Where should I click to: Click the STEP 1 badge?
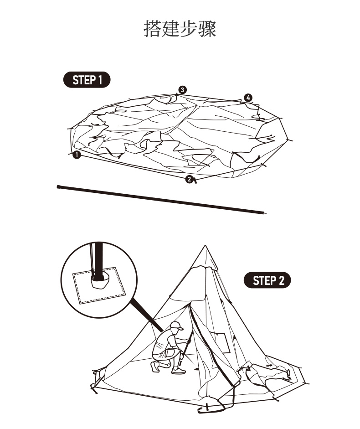click(86, 80)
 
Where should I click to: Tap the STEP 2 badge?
click(268, 280)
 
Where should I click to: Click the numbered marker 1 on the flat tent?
click(77, 155)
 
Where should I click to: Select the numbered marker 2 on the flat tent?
click(189, 179)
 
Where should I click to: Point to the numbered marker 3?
click(182, 89)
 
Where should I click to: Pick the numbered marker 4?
click(247, 98)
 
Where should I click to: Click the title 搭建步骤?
click(180, 28)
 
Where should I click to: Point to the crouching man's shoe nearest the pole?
click(179, 372)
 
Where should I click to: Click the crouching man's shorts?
click(162, 353)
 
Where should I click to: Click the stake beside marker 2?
click(195, 181)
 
